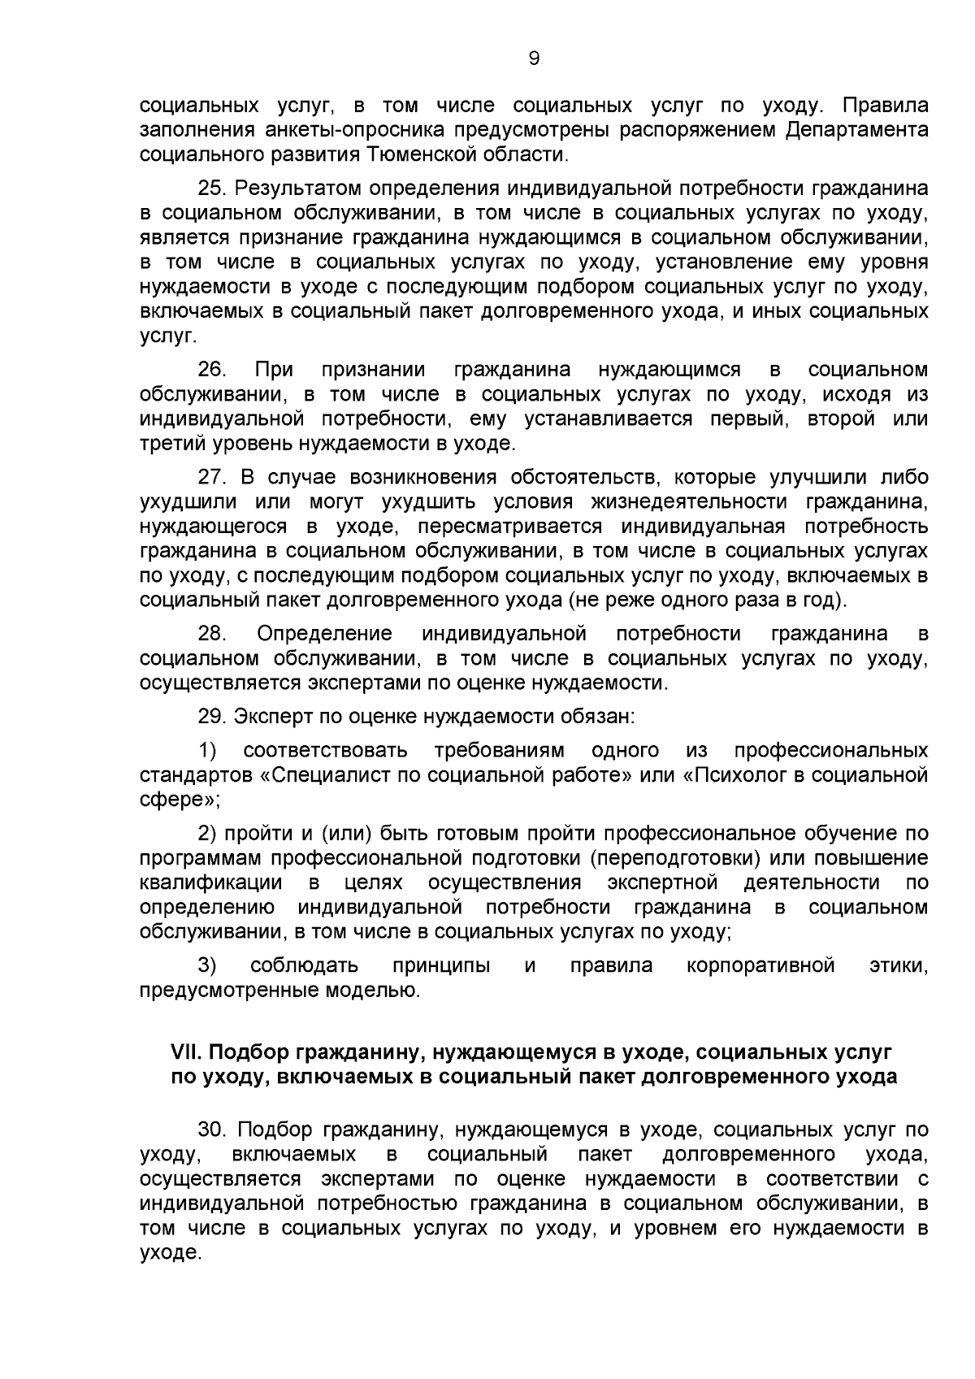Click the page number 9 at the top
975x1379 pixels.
click(x=534, y=58)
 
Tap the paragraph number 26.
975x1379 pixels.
click(x=212, y=370)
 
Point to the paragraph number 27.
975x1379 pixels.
click(x=211, y=477)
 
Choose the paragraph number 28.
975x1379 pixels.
click(x=212, y=633)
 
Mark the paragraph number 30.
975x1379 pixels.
click(x=211, y=1130)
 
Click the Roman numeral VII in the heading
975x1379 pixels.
click(x=186, y=1052)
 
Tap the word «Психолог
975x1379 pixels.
click(x=734, y=774)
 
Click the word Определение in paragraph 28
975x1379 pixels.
click(x=324, y=633)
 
